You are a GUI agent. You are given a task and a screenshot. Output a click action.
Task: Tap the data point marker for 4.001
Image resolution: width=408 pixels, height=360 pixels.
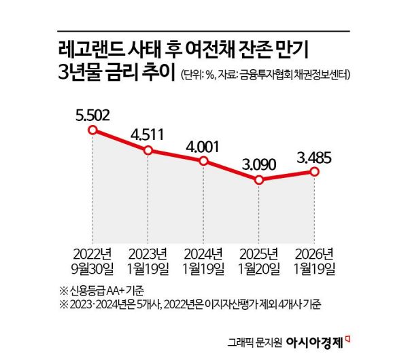tap(203, 161)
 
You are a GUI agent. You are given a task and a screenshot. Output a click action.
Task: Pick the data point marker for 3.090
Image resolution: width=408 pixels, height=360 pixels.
tap(258, 180)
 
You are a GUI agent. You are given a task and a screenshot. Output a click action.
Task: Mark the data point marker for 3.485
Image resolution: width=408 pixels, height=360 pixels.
tap(313, 172)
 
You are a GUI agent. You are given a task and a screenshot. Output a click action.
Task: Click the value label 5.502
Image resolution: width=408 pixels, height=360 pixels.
tap(93, 113)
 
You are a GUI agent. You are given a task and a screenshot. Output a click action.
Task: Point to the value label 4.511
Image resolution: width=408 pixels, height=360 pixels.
tap(148, 132)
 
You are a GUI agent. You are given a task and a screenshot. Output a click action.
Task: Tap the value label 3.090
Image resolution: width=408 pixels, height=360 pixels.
tap(258, 164)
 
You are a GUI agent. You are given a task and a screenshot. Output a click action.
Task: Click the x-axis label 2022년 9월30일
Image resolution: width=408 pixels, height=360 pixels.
tap(93, 262)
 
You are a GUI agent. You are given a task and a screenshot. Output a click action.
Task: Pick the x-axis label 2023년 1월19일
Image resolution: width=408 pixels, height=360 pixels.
tap(148, 262)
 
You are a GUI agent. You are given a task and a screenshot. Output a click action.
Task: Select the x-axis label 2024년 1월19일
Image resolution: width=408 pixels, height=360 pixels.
tap(203, 262)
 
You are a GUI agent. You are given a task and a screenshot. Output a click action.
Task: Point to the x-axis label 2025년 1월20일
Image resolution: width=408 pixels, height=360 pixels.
tap(258, 262)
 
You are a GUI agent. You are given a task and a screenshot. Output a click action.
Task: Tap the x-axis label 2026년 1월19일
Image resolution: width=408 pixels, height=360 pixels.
tap(313, 262)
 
